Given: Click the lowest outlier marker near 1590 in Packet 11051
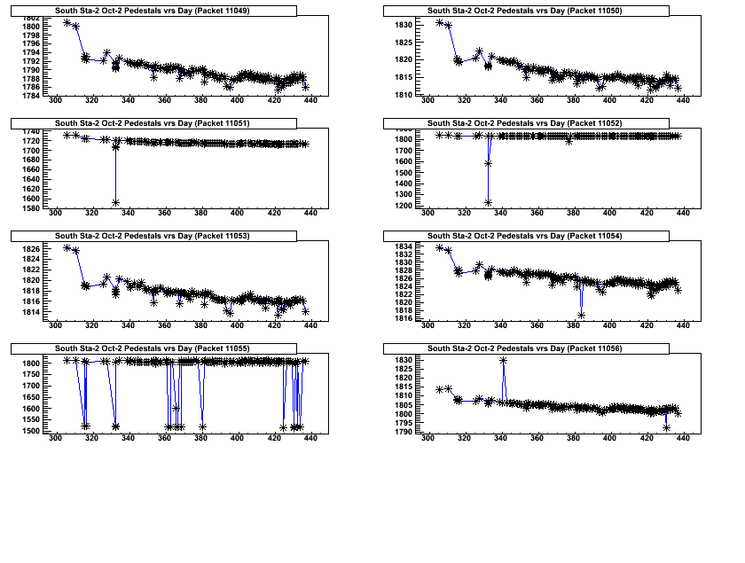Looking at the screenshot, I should click(x=115, y=203).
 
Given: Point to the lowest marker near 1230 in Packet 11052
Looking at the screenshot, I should click(x=488, y=203).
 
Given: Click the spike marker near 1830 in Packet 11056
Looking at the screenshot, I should click(x=503, y=360).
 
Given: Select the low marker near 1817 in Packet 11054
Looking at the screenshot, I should click(x=581, y=315).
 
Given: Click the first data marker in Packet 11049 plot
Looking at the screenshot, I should click(x=67, y=22).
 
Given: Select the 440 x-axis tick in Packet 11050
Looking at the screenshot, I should click(x=682, y=102).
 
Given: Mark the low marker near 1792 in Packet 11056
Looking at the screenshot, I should click(x=666, y=428).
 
